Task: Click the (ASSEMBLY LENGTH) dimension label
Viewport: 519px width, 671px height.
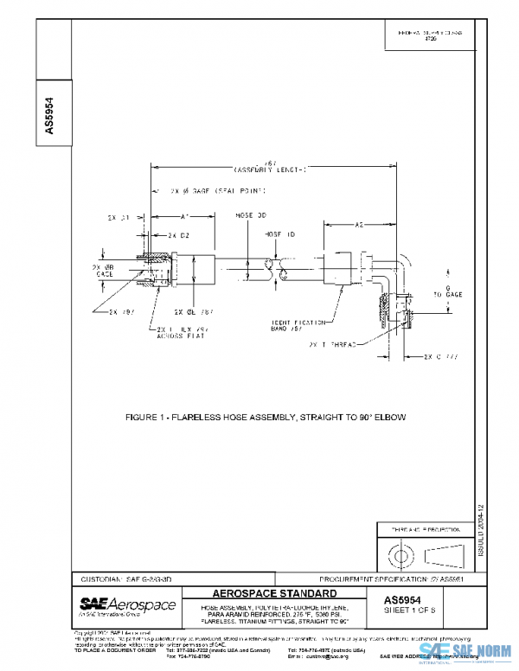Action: (x=270, y=169)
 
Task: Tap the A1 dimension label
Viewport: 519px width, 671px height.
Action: (x=185, y=215)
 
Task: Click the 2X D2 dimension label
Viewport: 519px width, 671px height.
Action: (x=178, y=234)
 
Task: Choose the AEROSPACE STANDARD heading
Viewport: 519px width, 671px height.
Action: (x=274, y=593)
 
